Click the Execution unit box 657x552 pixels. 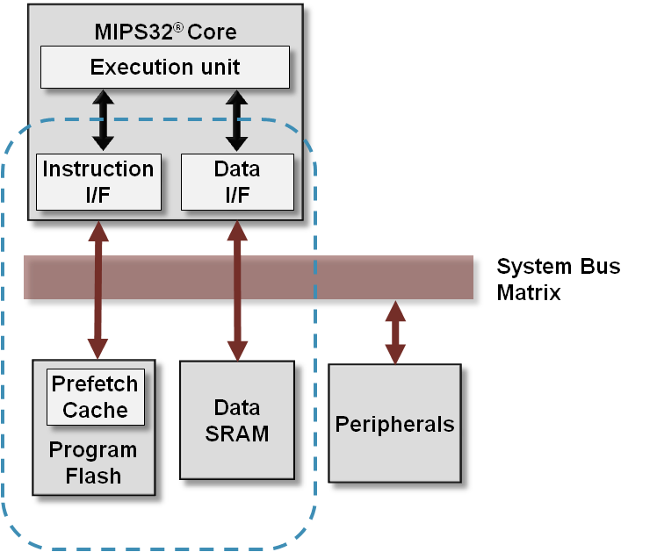(165, 68)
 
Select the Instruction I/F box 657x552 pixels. (98, 182)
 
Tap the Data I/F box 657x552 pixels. (237, 182)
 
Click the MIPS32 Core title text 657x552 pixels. (165, 33)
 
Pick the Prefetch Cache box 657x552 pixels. (95, 397)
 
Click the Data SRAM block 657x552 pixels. (236, 420)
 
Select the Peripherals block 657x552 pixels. (394, 425)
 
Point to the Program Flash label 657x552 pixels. (92, 463)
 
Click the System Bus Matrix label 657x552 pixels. (558, 279)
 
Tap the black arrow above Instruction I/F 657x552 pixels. (104, 120)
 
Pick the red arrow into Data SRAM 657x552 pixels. (236, 290)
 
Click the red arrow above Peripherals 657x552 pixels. (395, 333)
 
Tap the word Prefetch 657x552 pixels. (95, 384)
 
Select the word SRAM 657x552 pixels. (236, 434)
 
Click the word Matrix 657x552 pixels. (529, 292)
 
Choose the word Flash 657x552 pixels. (92, 477)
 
